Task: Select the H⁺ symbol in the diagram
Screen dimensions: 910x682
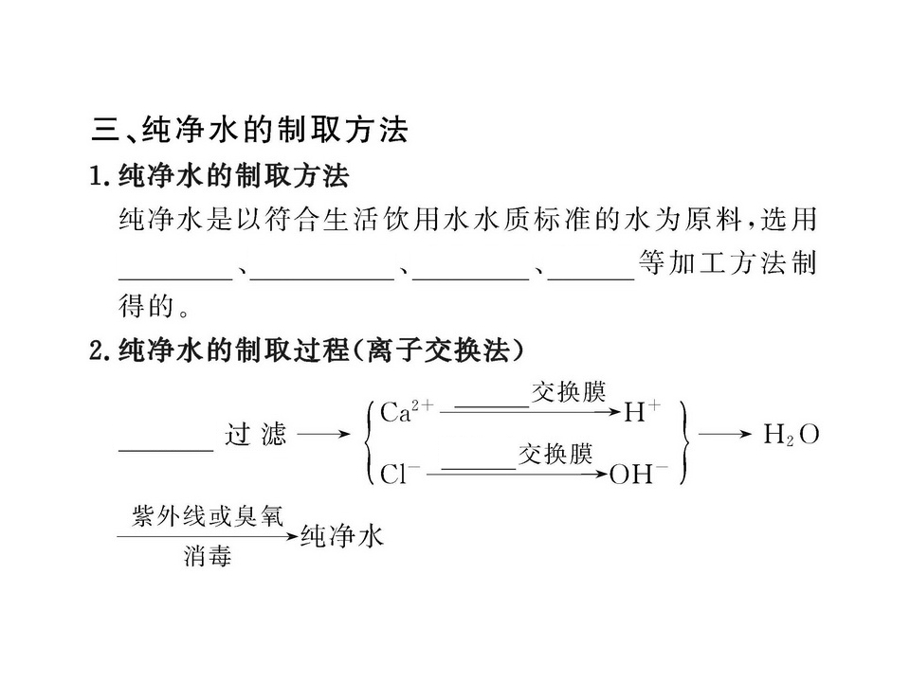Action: click(643, 411)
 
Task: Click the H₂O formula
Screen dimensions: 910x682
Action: click(791, 435)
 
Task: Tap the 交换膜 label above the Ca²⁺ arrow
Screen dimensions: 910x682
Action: click(568, 392)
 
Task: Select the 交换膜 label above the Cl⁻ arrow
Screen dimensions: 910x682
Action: click(555, 454)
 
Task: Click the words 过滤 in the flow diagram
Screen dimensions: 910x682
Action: click(256, 434)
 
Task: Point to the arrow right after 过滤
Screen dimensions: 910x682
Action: click(324, 434)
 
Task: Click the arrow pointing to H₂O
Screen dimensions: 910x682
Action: click(725, 434)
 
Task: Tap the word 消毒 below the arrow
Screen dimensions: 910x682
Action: click(208, 556)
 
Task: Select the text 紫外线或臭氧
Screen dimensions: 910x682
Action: click(208, 515)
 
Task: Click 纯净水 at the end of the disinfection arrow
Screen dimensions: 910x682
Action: click(342, 536)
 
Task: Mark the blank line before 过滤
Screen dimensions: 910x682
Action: click(166, 449)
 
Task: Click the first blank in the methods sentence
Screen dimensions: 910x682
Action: click(176, 278)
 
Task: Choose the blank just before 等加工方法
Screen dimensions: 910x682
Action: click(591, 278)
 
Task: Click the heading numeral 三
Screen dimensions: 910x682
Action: click(105, 130)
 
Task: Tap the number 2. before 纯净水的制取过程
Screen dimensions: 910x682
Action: click(100, 350)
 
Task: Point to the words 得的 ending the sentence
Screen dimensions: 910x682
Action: click(146, 306)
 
